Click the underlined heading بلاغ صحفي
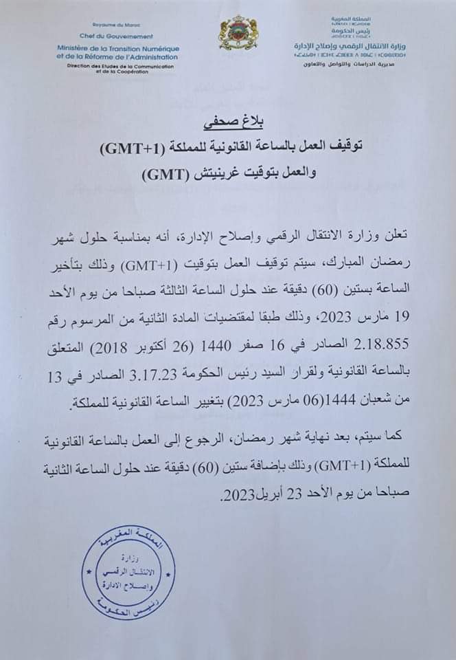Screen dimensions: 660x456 pyautogui.click(x=228, y=126)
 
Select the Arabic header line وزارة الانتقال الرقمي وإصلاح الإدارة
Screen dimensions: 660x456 pyautogui.click(x=358, y=45)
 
